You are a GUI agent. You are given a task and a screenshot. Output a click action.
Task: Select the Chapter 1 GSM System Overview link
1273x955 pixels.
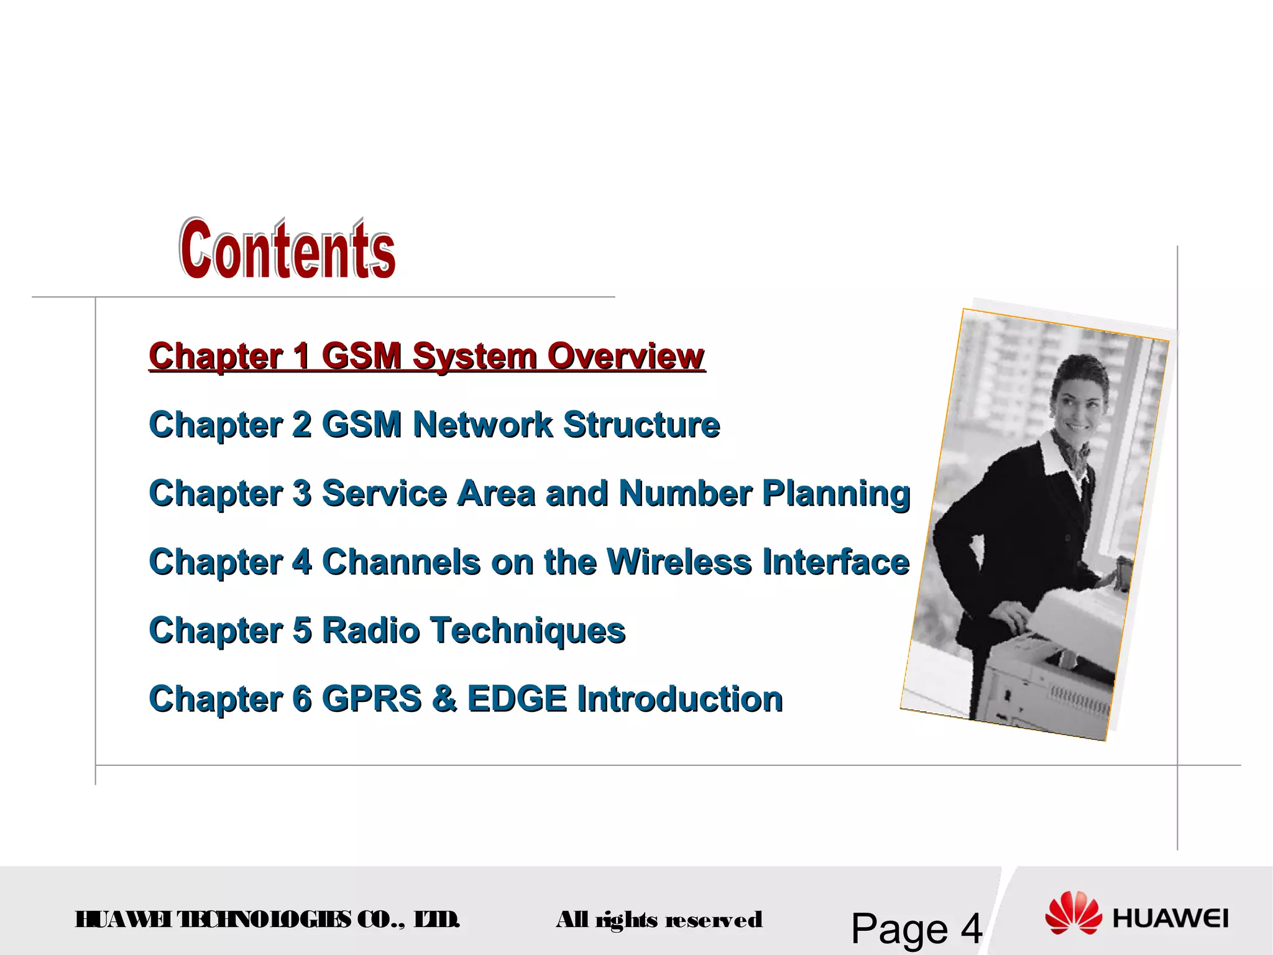pyautogui.click(x=426, y=356)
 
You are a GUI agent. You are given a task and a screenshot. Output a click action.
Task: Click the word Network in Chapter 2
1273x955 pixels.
pyautogui.click(x=482, y=425)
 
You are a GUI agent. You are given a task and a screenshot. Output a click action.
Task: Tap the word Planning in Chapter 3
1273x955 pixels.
pyautogui.click(x=836, y=494)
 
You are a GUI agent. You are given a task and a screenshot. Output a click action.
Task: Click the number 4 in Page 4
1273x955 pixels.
pyautogui.click(x=971, y=929)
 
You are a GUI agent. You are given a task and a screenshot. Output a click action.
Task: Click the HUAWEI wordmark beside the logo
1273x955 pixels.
pyautogui.click(x=1170, y=919)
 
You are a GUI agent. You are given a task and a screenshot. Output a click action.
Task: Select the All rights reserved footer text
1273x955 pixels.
pyautogui.click(x=659, y=920)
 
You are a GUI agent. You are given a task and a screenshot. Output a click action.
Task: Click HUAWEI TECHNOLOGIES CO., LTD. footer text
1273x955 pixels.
pyautogui.click(x=267, y=919)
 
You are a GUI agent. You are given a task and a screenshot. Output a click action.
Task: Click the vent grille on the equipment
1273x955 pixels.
pyautogui.click(x=1078, y=699)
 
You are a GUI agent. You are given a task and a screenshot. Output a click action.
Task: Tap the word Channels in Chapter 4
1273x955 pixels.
pyautogui.click(x=401, y=562)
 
